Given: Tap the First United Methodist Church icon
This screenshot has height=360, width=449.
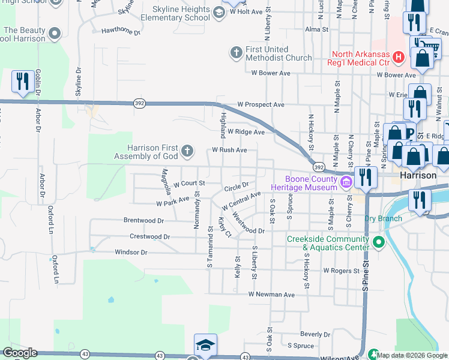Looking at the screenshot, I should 236,53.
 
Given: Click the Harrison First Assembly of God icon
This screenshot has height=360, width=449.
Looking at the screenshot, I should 187,150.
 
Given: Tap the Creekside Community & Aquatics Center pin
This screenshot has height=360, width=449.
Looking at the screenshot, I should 378,242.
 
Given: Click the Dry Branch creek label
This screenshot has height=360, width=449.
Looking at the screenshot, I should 383,218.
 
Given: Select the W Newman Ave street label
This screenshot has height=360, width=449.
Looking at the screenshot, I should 272,295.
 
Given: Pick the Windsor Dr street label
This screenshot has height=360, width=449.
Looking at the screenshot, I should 131,253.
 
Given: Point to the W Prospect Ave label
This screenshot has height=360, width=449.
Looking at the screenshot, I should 261,104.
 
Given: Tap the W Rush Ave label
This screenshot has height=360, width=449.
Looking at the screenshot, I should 229,150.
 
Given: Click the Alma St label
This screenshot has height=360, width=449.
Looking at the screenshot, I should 317,29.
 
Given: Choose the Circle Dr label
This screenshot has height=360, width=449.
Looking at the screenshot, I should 236,187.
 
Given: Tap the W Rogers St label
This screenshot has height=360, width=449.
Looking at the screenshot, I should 341,271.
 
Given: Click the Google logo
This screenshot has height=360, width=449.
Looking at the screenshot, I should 20,353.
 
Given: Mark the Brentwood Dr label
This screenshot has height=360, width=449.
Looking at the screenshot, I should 143,220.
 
